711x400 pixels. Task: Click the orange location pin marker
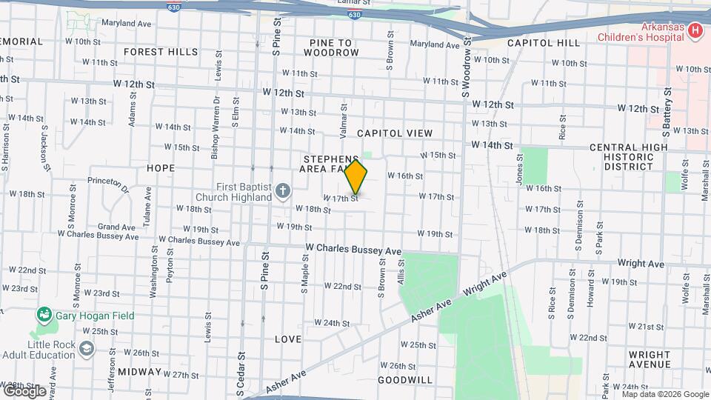click(x=356, y=176)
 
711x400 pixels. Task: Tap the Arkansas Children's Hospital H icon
click(x=695, y=30)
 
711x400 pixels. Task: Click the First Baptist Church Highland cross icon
click(x=281, y=192)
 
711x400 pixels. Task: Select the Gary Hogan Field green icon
click(x=45, y=316)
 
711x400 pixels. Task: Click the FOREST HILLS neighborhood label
click(x=161, y=52)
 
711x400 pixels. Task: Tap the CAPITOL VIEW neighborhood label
click(x=394, y=133)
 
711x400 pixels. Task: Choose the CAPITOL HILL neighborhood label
click(x=544, y=43)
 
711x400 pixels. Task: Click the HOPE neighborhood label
click(x=161, y=168)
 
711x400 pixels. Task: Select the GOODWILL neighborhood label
click(x=404, y=380)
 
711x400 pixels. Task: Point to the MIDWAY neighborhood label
click(x=139, y=371)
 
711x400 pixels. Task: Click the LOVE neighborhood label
click(x=288, y=339)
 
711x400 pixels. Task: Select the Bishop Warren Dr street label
click(x=216, y=134)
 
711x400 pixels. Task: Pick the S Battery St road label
click(x=667, y=111)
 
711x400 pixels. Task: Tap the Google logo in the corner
click(x=24, y=390)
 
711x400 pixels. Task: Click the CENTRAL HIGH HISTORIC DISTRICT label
click(x=629, y=157)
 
